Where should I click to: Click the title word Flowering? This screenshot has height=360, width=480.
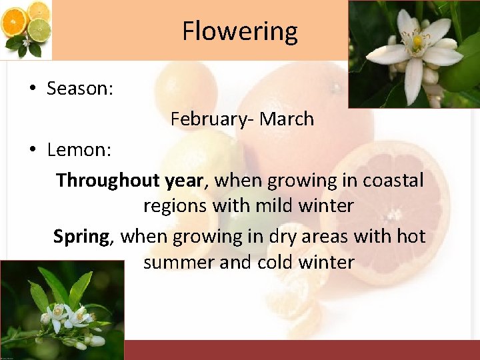240,31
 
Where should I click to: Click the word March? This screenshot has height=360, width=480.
287,119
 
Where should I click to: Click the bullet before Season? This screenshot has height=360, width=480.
32,89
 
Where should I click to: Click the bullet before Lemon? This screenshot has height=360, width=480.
32,151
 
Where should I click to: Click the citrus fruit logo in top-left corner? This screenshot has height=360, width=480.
27,29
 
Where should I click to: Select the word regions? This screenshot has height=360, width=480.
175,206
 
